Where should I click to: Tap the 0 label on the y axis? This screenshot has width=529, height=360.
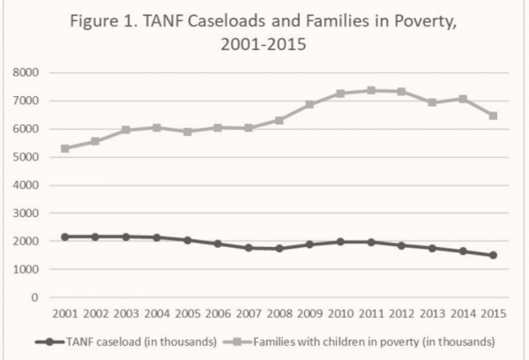pyautogui.click(x=35, y=297)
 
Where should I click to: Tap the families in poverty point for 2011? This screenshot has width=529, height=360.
pyautogui.click(x=371, y=90)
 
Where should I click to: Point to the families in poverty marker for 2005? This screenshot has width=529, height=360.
pyautogui.click(x=187, y=131)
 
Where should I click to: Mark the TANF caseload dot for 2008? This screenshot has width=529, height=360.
pyautogui.click(x=279, y=248)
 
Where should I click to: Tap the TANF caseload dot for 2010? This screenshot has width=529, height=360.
pyautogui.click(x=340, y=241)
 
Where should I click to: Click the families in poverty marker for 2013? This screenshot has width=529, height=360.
pyautogui.click(x=433, y=102)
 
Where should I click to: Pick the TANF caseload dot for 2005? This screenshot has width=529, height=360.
pyautogui.click(x=187, y=240)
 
